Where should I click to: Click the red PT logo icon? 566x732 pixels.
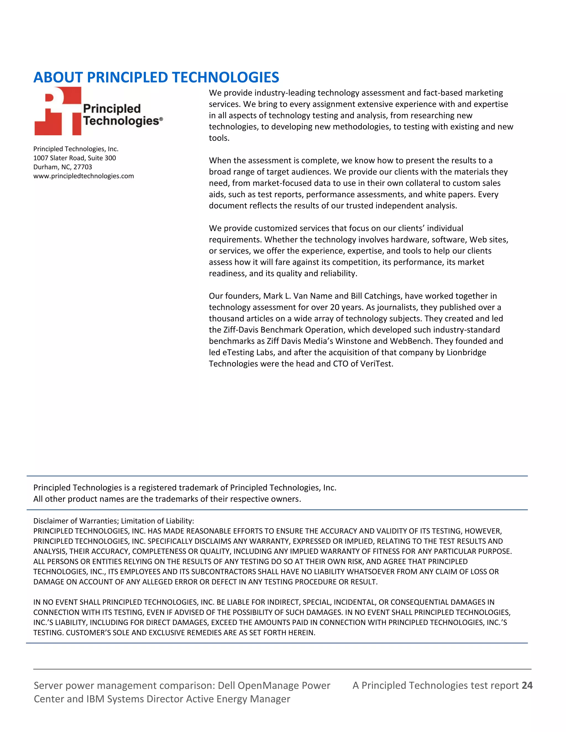[58, 111]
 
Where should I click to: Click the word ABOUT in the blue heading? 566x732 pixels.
[58, 77]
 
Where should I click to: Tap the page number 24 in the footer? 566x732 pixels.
[527, 685]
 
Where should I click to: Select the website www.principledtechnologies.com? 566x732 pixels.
[83, 176]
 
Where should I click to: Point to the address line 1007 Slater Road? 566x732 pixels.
[74, 158]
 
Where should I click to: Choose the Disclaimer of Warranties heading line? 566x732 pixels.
[114, 521]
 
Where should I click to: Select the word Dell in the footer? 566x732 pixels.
[226, 685]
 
